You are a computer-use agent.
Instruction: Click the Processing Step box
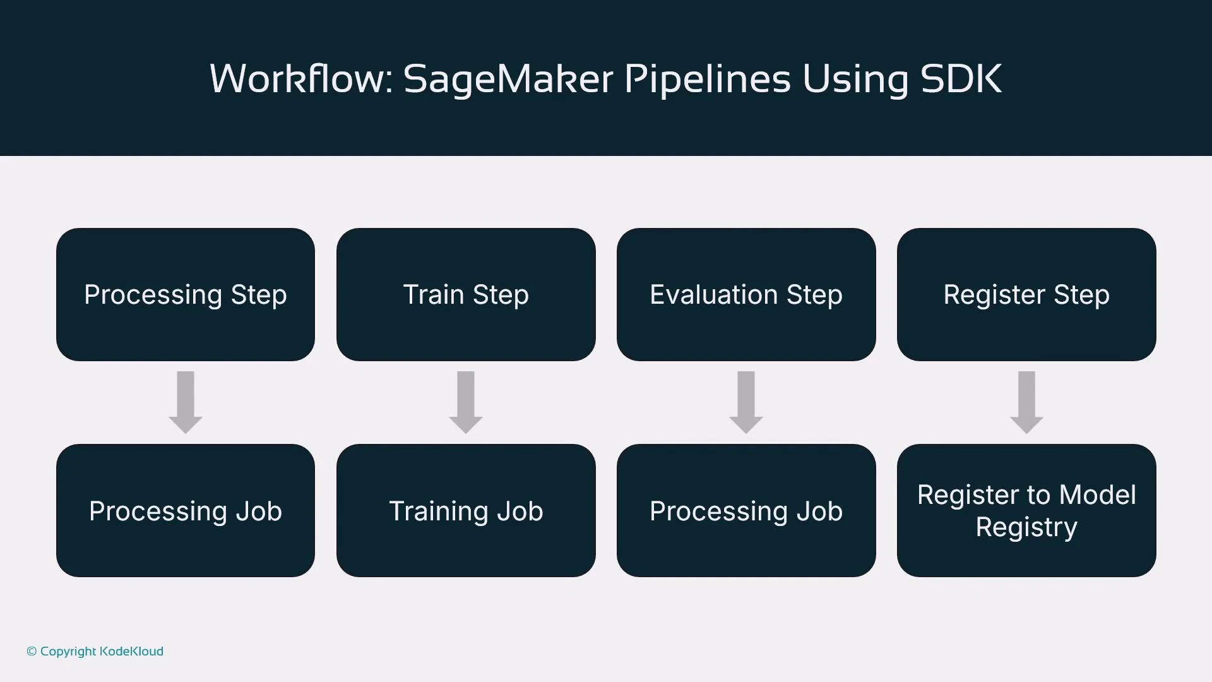pyautogui.click(x=186, y=295)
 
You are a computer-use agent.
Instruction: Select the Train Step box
pyautogui.click(x=466, y=295)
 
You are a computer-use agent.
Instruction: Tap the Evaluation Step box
pyautogui.click(x=746, y=295)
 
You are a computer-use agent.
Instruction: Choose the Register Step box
pyautogui.click(x=1026, y=295)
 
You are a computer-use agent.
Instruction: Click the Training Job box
pyautogui.click(x=466, y=511)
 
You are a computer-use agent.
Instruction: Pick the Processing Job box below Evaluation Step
pyautogui.click(x=746, y=511)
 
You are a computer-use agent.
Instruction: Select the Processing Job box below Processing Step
pyautogui.click(x=186, y=511)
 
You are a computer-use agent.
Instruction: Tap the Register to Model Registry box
pyautogui.click(x=1026, y=511)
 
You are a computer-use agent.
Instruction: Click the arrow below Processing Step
pyautogui.click(x=186, y=402)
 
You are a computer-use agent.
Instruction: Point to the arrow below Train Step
pyautogui.click(x=466, y=402)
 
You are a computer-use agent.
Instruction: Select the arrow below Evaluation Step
pyautogui.click(x=746, y=402)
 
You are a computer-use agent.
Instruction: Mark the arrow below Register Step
pyautogui.click(x=1026, y=402)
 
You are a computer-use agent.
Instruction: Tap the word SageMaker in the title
pyautogui.click(x=508, y=79)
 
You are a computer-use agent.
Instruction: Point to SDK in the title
pyautogui.click(x=961, y=79)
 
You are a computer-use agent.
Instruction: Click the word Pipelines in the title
pyautogui.click(x=707, y=80)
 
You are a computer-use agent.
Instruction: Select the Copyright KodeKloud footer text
pyautogui.click(x=95, y=651)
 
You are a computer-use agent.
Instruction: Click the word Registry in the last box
pyautogui.click(x=1026, y=527)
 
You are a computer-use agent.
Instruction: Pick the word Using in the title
pyautogui.click(x=855, y=80)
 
